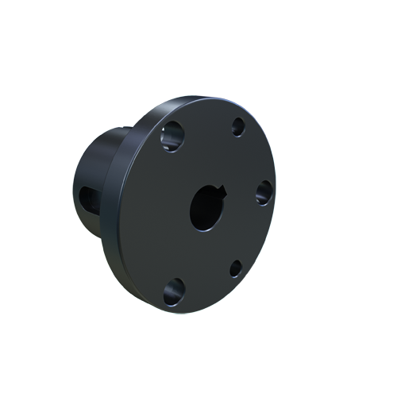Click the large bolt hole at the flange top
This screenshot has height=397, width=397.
[173, 137]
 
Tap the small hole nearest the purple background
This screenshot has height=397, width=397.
[237, 125]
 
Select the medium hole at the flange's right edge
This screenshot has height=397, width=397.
[264, 191]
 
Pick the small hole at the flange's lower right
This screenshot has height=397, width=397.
[236, 268]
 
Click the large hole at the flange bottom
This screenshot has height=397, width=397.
[174, 290]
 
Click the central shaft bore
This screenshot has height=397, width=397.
[208, 210]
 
